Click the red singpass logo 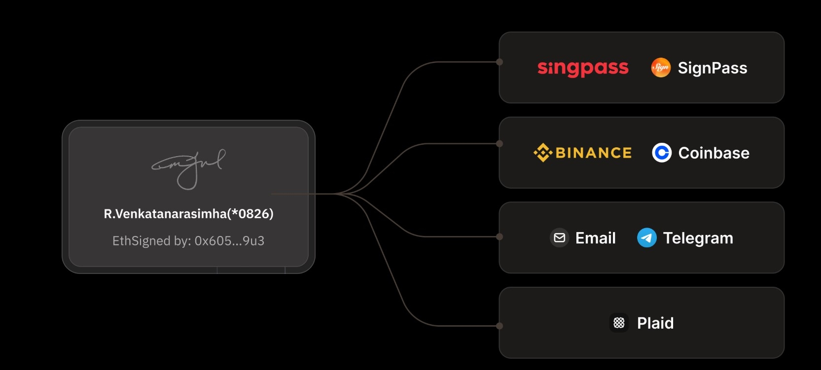(x=583, y=68)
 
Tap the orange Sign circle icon (x=661, y=67)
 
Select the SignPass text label (x=713, y=68)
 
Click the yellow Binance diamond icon (x=542, y=153)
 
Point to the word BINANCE (x=593, y=153)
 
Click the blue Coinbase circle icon (x=662, y=153)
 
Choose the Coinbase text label (x=714, y=153)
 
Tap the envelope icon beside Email (x=560, y=238)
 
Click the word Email (x=595, y=238)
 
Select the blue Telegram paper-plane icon (x=646, y=238)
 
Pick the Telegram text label (x=698, y=238)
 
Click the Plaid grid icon (x=619, y=323)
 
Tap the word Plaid (x=655, y=323)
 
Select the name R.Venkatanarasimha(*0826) (x=188, y=214)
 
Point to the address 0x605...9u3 (x=229, y=241)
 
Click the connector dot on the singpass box (x=500, y=62)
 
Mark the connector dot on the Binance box (x=500, y=144)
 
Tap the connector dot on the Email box (x=500, y=236)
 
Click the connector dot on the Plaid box (x=500, y=326)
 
